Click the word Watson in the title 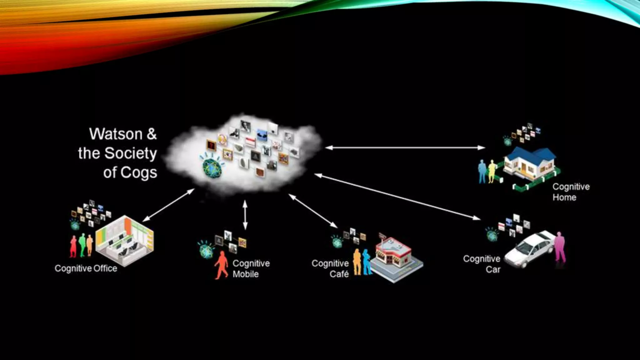tap(116, 134)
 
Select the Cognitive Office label tap(86, 268)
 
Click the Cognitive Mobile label tap(251, 269)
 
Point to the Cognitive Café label tap(330, 269)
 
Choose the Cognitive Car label tap(482, 264)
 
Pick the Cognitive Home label tap(571, 192)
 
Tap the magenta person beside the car tap(560, 247)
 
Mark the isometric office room tap(125, 241)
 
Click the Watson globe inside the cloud tap(212, 168)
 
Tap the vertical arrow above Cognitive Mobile tap(245, 215)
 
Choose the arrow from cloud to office tap(168, 205)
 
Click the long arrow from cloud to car tap(397, 197)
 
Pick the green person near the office tap(82, 245)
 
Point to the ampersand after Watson tap(152, 134)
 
